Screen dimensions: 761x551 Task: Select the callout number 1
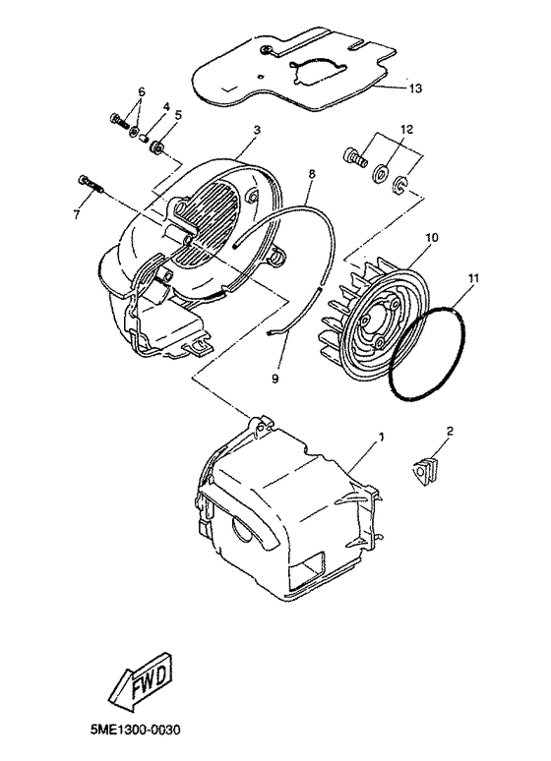pyautogui.click(x=382, y=436)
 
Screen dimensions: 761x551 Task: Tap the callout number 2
pyautogui.click(x=256, y=130)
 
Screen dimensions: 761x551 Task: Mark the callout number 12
pyautogui.click(x=407, y=129)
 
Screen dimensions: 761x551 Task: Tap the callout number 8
pyautogui.click(x=311, y=173)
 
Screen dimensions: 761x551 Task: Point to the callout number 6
pyautogui.click(x=141, y=92)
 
